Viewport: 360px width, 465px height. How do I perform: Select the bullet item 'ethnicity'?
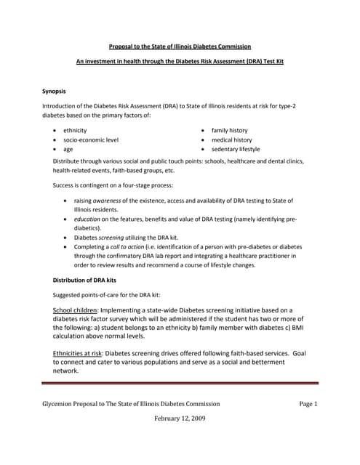pos(75,130)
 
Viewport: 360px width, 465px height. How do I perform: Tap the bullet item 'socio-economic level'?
pos(91,139)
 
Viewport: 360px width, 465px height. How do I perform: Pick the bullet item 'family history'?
pos(229,130)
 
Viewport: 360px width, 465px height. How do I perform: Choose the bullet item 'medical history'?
pos(231,139)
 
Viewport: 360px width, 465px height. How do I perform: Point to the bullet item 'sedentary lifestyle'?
pos(235,149)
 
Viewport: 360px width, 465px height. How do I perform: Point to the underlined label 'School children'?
pos(77,310)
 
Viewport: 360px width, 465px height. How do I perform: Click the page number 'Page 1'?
pos(308,404)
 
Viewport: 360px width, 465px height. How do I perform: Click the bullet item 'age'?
pos(68,149)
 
